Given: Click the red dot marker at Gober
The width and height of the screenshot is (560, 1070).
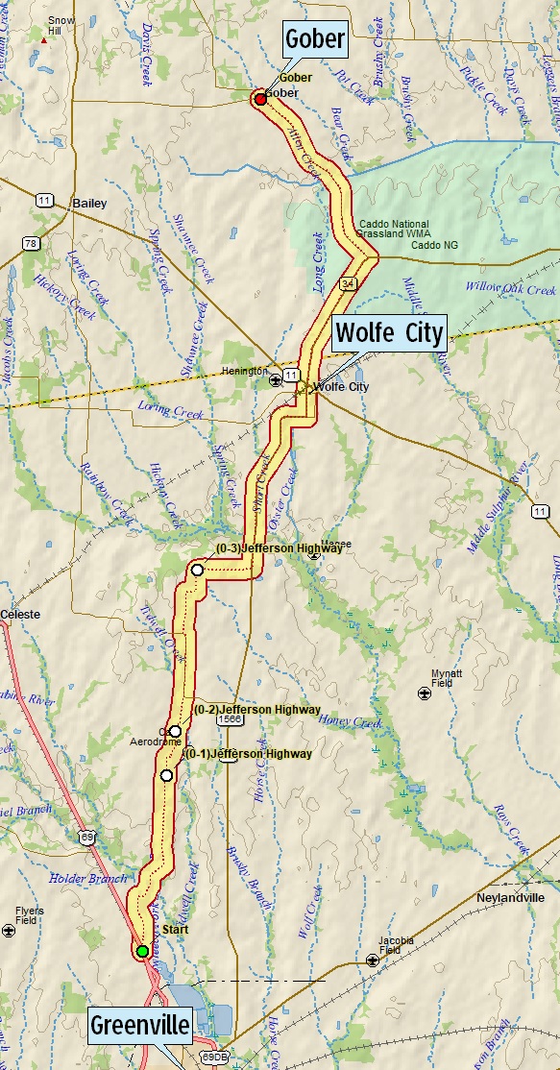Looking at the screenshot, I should coord(260,99).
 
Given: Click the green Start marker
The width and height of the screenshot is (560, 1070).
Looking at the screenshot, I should coord(142,951).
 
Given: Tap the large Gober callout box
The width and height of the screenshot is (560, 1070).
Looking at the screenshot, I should coord(314,41).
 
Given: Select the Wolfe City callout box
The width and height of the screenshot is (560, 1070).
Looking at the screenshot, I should coord(390,334).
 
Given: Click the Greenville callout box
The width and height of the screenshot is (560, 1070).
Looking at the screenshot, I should coord(140,1027).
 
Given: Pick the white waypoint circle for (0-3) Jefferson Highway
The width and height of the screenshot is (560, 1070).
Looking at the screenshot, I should coord(197,570).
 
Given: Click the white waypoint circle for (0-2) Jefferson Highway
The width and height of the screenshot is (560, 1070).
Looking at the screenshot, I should coord(175,731).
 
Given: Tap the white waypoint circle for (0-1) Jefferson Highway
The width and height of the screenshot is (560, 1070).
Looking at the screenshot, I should coord(166,775).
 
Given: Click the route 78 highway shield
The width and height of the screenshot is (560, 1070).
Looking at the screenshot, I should coord(34,244).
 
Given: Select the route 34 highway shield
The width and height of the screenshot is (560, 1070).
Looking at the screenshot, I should coord(345,285).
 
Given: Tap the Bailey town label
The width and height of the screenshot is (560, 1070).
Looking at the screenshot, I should coord(89,204).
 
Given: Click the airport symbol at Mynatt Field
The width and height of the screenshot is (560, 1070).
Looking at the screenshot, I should coord(424,693).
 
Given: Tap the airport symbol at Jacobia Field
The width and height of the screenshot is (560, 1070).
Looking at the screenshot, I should coord(373,960).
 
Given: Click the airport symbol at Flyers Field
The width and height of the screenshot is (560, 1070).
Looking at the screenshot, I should coord(9,930).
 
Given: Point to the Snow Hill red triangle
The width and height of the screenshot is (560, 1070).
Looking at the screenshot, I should coord(44,40).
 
